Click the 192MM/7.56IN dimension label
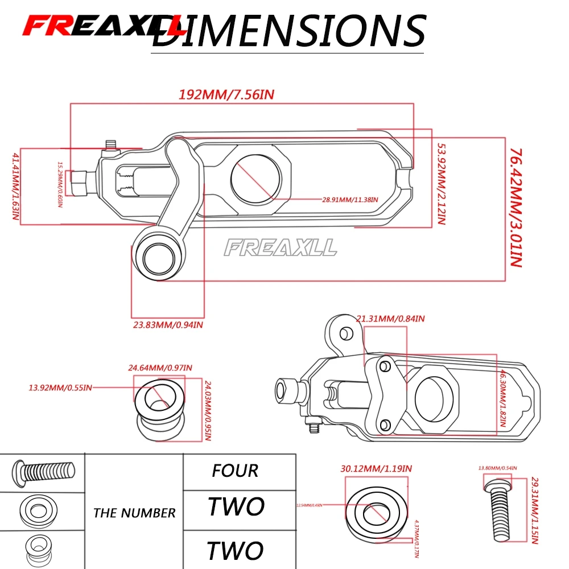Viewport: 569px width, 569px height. point(227,94)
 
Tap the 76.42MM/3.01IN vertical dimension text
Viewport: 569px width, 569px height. point(515,208)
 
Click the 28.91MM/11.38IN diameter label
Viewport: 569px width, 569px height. point(350,200)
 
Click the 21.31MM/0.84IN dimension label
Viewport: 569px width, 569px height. point(390,319)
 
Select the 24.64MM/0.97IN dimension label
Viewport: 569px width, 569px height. point(160,368)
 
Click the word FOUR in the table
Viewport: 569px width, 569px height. point(235,471)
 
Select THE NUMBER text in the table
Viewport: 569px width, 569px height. point(134,513)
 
